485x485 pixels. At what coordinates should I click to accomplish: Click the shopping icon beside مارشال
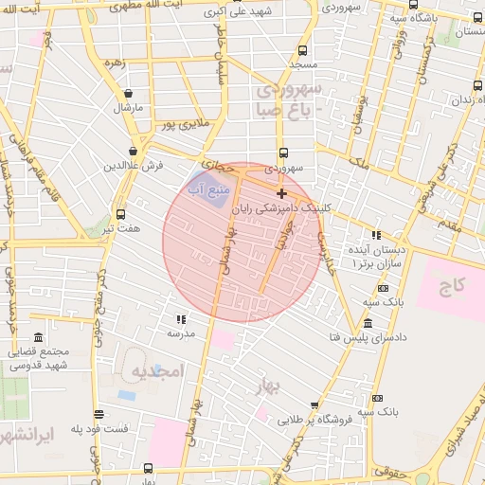(128, 93)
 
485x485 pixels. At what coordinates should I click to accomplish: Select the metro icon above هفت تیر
(120, 214)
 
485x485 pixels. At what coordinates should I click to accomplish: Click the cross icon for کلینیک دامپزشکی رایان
(281, 192)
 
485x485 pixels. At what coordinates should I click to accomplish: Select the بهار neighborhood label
(270, 385)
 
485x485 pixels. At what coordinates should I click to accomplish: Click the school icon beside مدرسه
(181, 320)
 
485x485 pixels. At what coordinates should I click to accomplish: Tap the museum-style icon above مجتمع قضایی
(38, 337)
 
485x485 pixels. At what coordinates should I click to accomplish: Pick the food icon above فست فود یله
(99, 414)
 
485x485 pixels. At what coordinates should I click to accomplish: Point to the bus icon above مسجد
(302, 51)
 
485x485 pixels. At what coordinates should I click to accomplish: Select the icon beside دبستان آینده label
(376, 234)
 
